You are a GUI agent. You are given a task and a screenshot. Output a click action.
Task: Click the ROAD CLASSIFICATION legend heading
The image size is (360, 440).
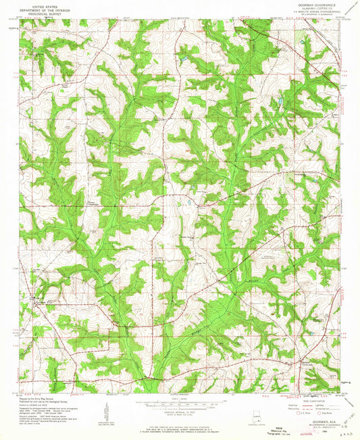(313, 399)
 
